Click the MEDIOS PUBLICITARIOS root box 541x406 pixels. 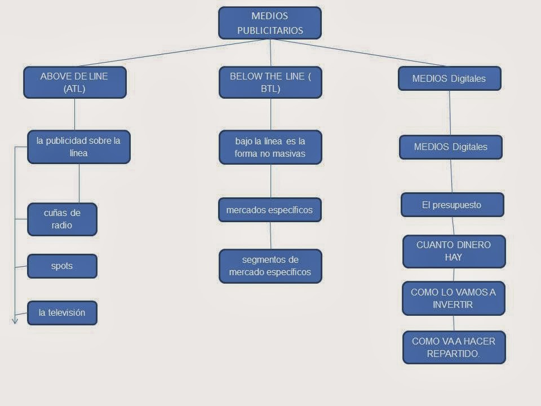tap(270, 23)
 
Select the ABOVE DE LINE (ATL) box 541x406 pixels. tap(74, 82)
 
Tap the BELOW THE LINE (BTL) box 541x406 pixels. tap(270, 82)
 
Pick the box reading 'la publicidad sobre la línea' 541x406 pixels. tap(78, 147)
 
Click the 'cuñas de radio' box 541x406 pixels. tap(62, 219)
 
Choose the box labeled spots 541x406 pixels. tap(62, 266)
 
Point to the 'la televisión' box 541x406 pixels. tap(62, 312)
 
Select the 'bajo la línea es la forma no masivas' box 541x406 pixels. tap(270, 147)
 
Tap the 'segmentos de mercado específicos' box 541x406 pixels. tap(270, 266)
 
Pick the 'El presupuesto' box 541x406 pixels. tap(452, 205)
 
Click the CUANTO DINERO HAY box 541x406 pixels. tap(454, 251)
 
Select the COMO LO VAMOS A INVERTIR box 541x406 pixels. tap(453, 298)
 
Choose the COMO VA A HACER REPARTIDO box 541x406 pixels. tap(454, 347)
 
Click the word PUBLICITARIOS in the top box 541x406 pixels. tap(270, 30)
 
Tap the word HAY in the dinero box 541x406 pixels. tap(453, 257)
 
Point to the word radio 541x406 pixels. tap(62, 226)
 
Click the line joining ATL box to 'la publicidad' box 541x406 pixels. tap(75, 114)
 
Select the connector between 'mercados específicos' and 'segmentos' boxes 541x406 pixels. tap(270, 236)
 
